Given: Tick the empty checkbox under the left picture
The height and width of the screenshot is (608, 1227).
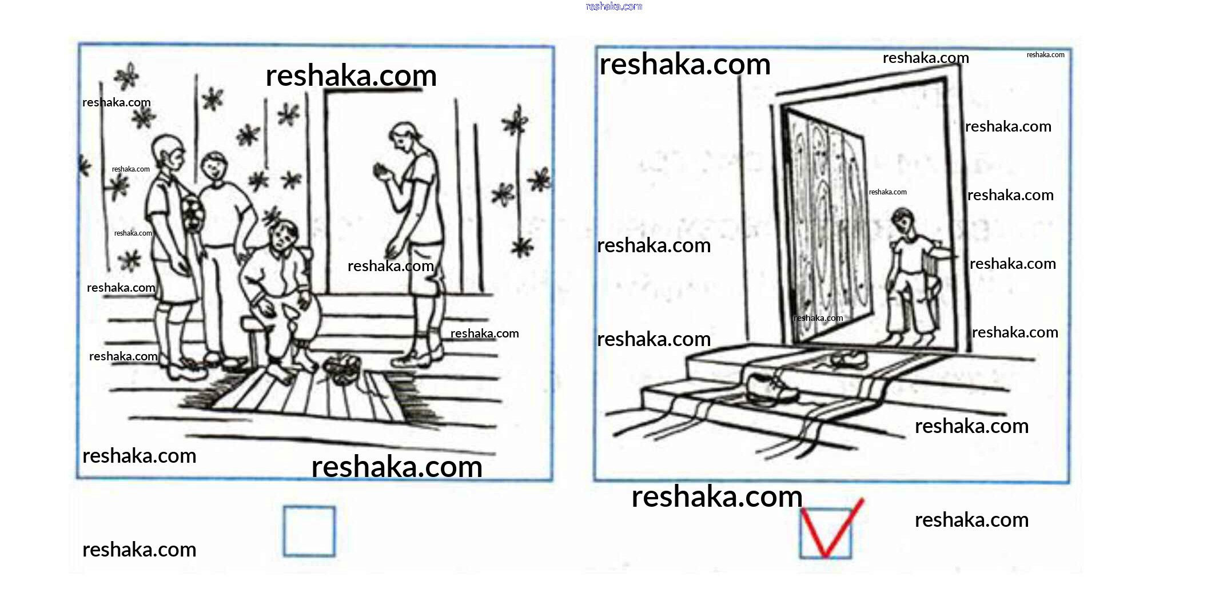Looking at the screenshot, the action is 309,531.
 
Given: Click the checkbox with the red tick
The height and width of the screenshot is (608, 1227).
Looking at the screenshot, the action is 825,533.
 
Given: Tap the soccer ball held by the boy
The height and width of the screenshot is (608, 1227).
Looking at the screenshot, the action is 193,214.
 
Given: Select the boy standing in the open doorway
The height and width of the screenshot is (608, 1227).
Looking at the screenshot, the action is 913,277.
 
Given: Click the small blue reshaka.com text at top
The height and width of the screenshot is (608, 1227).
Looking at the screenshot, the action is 614,6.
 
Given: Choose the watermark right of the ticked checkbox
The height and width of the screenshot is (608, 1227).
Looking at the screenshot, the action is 971,520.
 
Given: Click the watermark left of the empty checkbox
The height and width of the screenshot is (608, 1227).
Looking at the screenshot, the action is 139,550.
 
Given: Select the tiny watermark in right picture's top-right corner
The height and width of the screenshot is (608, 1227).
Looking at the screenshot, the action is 1045,55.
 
